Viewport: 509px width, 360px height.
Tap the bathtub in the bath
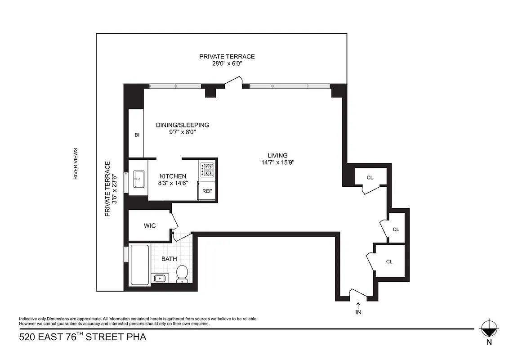point(140,265)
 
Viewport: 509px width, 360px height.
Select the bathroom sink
point(160,278)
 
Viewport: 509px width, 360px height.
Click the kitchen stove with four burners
point(207,170)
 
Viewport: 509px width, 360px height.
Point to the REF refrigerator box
point(207,191)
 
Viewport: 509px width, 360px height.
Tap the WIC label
point(150,225)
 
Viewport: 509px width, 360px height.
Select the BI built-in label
point(137,135)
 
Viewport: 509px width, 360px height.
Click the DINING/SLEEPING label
point(183,125)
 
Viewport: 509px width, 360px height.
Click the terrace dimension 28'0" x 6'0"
point(227,63)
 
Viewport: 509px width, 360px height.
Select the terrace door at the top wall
point(234,82)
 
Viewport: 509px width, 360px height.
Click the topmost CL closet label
point(370,177)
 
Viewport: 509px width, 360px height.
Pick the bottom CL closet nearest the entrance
point(389,261)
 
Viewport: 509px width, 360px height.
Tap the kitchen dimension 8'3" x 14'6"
point(173,183)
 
